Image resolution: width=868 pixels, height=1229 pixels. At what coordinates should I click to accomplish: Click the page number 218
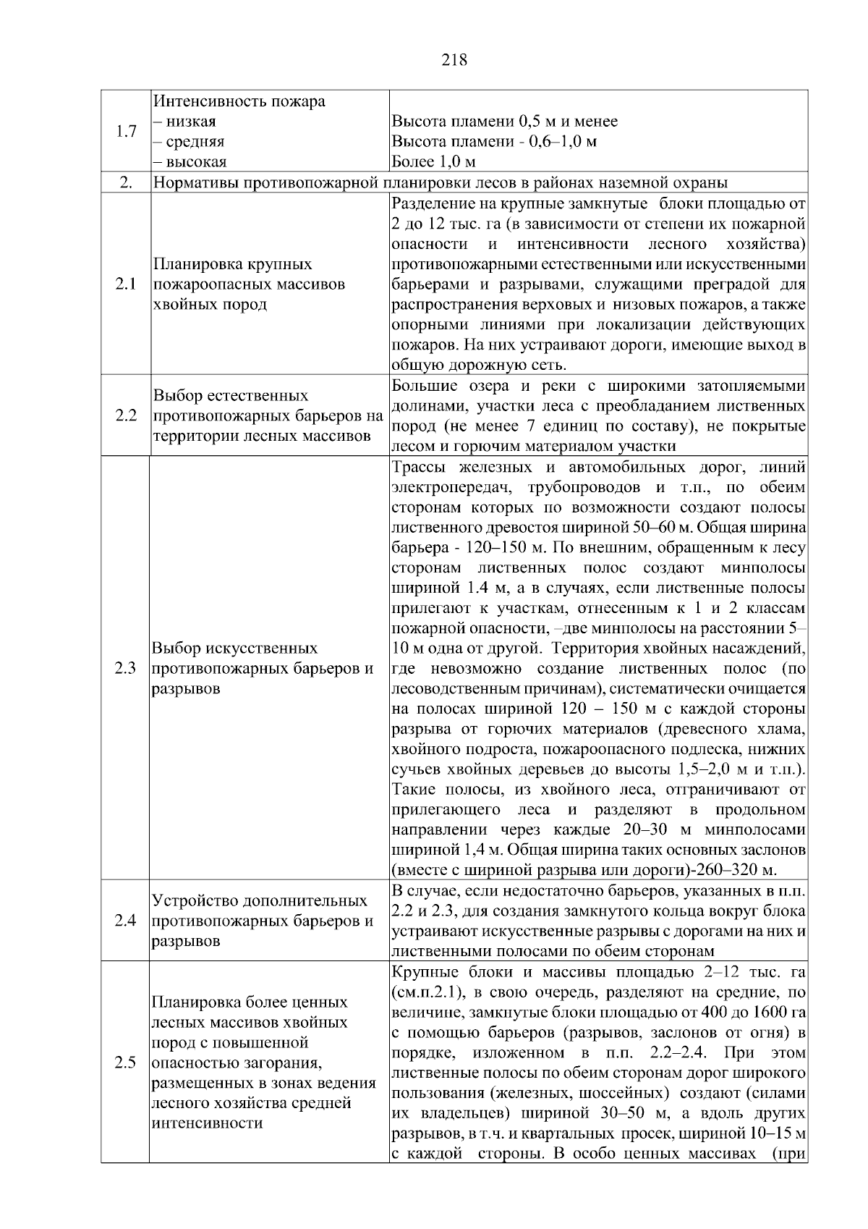454,60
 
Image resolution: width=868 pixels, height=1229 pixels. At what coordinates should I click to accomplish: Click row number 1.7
126,132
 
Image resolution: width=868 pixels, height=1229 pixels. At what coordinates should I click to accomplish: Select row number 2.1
126,284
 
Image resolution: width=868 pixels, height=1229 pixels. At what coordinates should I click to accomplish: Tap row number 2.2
126,416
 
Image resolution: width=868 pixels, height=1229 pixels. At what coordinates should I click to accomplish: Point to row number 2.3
126,668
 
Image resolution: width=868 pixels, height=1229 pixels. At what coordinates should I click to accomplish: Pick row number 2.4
126,921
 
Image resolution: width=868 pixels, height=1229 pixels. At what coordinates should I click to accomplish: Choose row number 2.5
126,1063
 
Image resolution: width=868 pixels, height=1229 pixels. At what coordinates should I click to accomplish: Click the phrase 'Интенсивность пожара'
239,101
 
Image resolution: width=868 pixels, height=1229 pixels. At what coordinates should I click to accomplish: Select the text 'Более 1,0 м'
433,161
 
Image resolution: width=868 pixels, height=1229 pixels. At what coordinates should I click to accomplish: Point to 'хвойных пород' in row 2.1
210,305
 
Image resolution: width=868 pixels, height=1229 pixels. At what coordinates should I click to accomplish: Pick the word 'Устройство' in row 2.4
190,901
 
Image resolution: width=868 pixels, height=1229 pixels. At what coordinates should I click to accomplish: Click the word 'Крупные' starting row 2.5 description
419,972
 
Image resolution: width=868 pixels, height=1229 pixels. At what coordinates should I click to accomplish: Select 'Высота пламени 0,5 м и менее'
504,122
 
